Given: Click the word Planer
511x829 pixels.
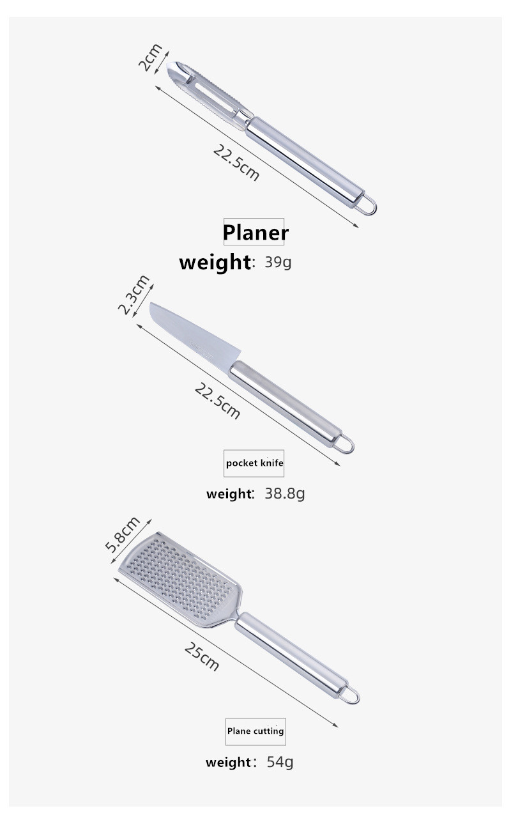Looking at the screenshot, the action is click(256, 233).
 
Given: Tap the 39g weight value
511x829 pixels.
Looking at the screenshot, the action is click(278, 262).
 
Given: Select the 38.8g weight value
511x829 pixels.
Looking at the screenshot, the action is click(285, 493).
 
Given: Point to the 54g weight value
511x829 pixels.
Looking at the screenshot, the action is click(280, 762).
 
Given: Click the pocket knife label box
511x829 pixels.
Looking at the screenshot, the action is click(254, 463).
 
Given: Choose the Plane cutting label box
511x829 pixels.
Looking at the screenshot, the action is click(256, 731).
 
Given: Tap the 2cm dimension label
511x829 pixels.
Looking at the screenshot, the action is click(150, 57).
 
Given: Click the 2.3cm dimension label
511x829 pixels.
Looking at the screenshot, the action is click(133, 295).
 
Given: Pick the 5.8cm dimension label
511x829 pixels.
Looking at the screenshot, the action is click(123, 534).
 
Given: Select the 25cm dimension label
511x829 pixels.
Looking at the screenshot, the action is click(201, 656).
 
